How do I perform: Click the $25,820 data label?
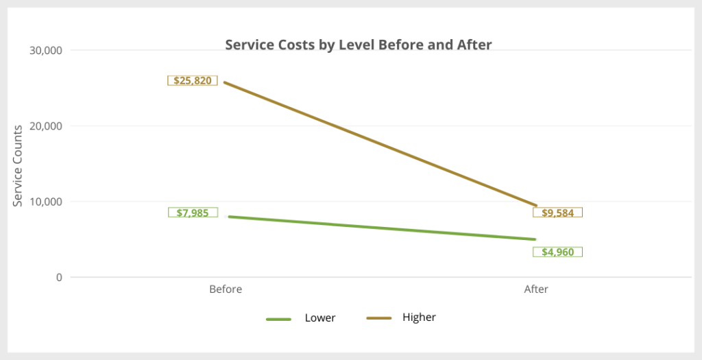193,80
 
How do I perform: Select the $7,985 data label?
193,213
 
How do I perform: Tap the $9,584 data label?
557,213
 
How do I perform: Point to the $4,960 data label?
557,252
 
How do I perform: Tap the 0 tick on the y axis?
59,278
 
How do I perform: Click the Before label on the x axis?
226,289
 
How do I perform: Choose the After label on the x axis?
536,289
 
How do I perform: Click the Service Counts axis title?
19,165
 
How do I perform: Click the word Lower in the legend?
320,318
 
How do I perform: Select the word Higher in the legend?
419,317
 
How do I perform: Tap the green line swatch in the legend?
279,318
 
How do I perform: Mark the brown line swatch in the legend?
379,318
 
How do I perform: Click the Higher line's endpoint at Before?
226,82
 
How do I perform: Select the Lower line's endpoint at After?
535,239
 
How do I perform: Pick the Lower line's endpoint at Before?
226,217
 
